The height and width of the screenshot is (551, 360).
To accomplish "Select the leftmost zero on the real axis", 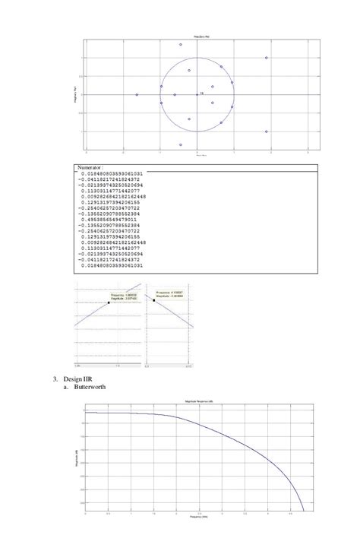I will [137, 95].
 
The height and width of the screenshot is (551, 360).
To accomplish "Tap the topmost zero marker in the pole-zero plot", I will [181, 45].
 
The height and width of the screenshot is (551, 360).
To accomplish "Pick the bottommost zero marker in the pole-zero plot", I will [181, 144].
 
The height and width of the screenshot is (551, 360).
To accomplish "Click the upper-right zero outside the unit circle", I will [266, 58].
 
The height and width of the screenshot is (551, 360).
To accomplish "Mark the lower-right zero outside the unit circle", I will [266, 131].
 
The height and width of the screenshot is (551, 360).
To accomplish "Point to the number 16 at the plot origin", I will [202, 93].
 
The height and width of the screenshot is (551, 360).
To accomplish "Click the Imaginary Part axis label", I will [69, 94].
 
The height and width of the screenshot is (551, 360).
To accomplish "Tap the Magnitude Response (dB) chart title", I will [197, 401].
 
